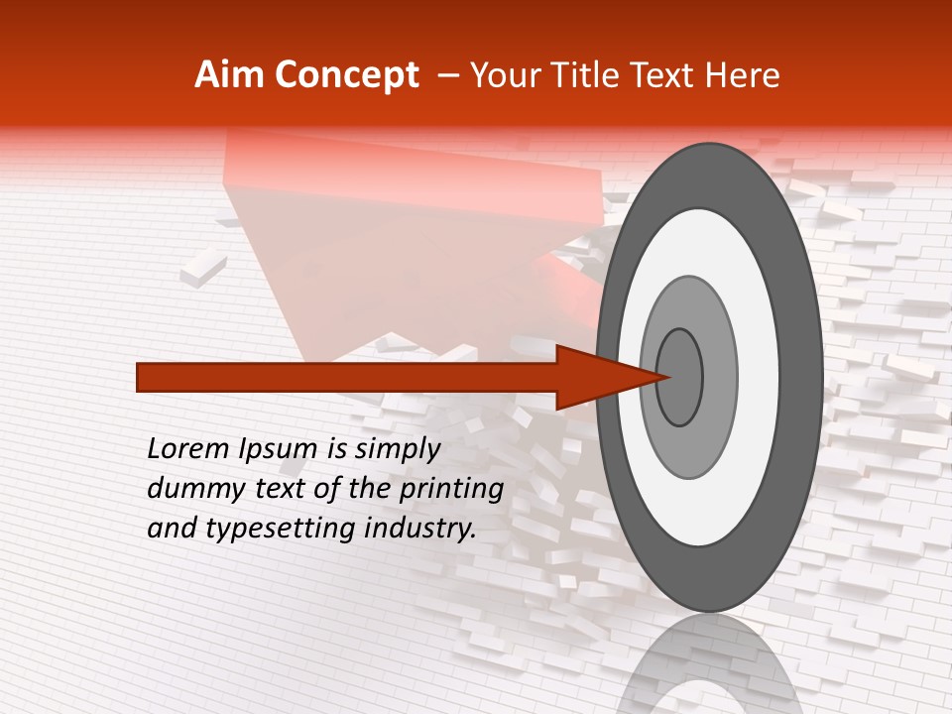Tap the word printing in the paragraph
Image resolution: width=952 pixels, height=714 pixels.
(x=450, y=489)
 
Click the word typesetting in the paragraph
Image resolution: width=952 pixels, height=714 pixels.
(x=266, y=530)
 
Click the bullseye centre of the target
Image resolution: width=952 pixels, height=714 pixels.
(x=680, y=376)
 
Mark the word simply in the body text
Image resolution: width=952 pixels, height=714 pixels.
(x=398, y=449)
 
